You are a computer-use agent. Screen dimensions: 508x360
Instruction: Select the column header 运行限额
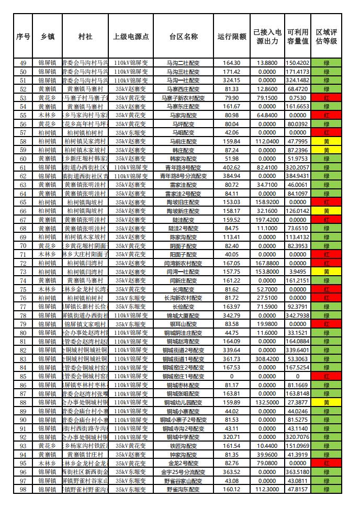(232, 37)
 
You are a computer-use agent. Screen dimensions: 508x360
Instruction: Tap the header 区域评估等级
(326, 37)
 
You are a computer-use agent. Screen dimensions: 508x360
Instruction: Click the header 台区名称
(183, 37)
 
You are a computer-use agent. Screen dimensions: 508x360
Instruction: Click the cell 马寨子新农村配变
(183, 98)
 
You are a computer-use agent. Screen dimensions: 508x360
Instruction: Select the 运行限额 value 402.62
(232, 167)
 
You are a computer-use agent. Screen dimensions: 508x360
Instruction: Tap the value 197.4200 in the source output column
(267, 220)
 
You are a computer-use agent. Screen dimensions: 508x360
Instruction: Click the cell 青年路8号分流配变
(183, 176)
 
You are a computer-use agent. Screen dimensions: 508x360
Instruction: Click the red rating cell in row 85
(326, 376)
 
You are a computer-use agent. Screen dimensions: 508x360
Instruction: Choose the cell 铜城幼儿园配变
(183, 402)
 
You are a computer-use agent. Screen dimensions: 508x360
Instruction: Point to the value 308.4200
(267, 359)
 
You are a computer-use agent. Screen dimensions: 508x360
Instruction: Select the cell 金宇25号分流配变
(183, 472)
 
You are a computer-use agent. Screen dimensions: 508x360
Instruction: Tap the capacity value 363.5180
(298, 472)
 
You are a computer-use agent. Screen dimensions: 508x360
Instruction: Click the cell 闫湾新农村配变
(183, 263)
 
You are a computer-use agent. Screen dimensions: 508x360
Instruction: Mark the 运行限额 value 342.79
(232, 315)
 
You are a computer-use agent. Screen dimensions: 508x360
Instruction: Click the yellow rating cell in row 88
(326, 402)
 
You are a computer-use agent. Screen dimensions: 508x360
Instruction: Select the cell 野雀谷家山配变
(183, 481)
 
